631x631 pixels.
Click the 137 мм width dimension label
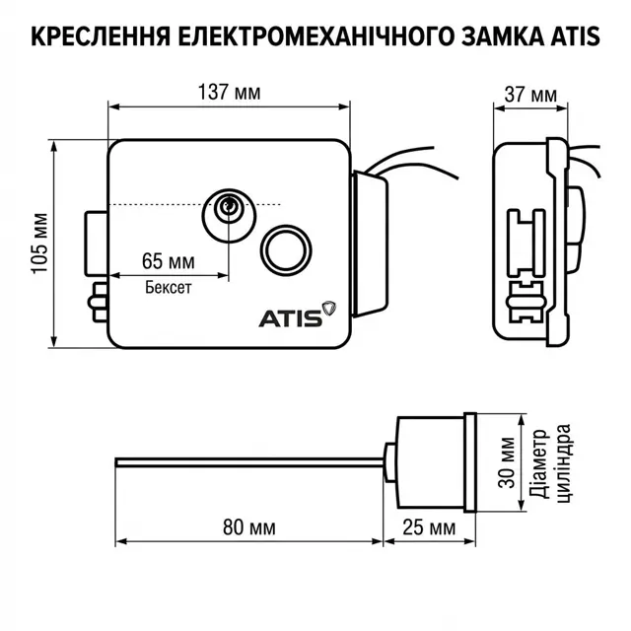click(230, 92)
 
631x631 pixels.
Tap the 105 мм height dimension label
click(39, 244)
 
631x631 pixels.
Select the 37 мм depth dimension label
click(530, 95)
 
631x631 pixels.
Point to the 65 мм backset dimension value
click(169, 261)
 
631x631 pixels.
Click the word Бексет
click(169, 287)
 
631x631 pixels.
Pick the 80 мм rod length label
click(249, 527)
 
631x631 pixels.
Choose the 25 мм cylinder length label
click(429, 527)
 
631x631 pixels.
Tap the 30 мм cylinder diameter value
click(507, 462)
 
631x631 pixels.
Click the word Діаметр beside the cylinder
click(539, 463)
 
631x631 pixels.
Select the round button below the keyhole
click(286, 250)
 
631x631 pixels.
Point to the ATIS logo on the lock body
click(291, 318)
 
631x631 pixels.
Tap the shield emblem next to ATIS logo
click(328, 309)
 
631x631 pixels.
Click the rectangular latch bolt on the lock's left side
click(97, 244)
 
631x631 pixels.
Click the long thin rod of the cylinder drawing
click(249, 462)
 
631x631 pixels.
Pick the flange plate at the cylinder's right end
click(470, 462)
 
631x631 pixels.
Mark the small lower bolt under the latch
click(98, 303)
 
